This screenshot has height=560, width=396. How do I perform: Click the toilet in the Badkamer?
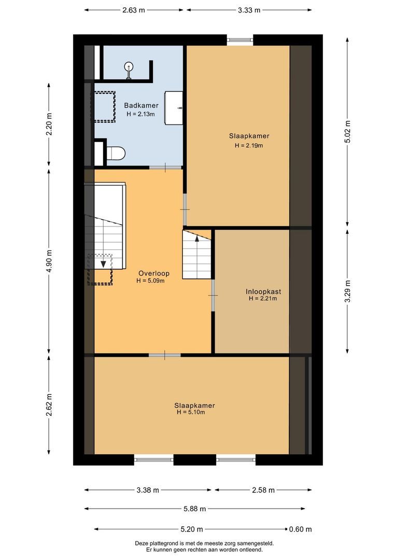(x=116, y=153)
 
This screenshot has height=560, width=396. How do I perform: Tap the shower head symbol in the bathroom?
(x=129, y=67)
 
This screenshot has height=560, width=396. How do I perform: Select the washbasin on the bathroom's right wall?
(x=174, y=108)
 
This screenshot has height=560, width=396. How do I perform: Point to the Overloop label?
(x=154, y=273)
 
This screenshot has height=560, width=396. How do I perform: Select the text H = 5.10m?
(x=190, y=413)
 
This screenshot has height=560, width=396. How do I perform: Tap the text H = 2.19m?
(x=249, y=146)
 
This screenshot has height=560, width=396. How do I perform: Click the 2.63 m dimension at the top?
(x=134, y=10)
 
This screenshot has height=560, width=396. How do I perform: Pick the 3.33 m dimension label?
(x=249, y=10)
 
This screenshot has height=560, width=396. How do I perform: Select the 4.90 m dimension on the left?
(x=49, y=261)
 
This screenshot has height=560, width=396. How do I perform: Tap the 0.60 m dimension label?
(x=301, y=529)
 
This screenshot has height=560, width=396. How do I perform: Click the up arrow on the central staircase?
(x=197, y=239)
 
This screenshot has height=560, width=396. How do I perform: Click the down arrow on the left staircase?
(x=104, y=264)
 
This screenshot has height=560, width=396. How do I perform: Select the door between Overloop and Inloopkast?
(x=213, y=295)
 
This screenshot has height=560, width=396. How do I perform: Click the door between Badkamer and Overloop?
(x=165, y=167)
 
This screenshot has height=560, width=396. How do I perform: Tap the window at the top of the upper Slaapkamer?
(x=240, y=39)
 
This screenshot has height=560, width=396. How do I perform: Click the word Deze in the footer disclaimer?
(x=142, y=543)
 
